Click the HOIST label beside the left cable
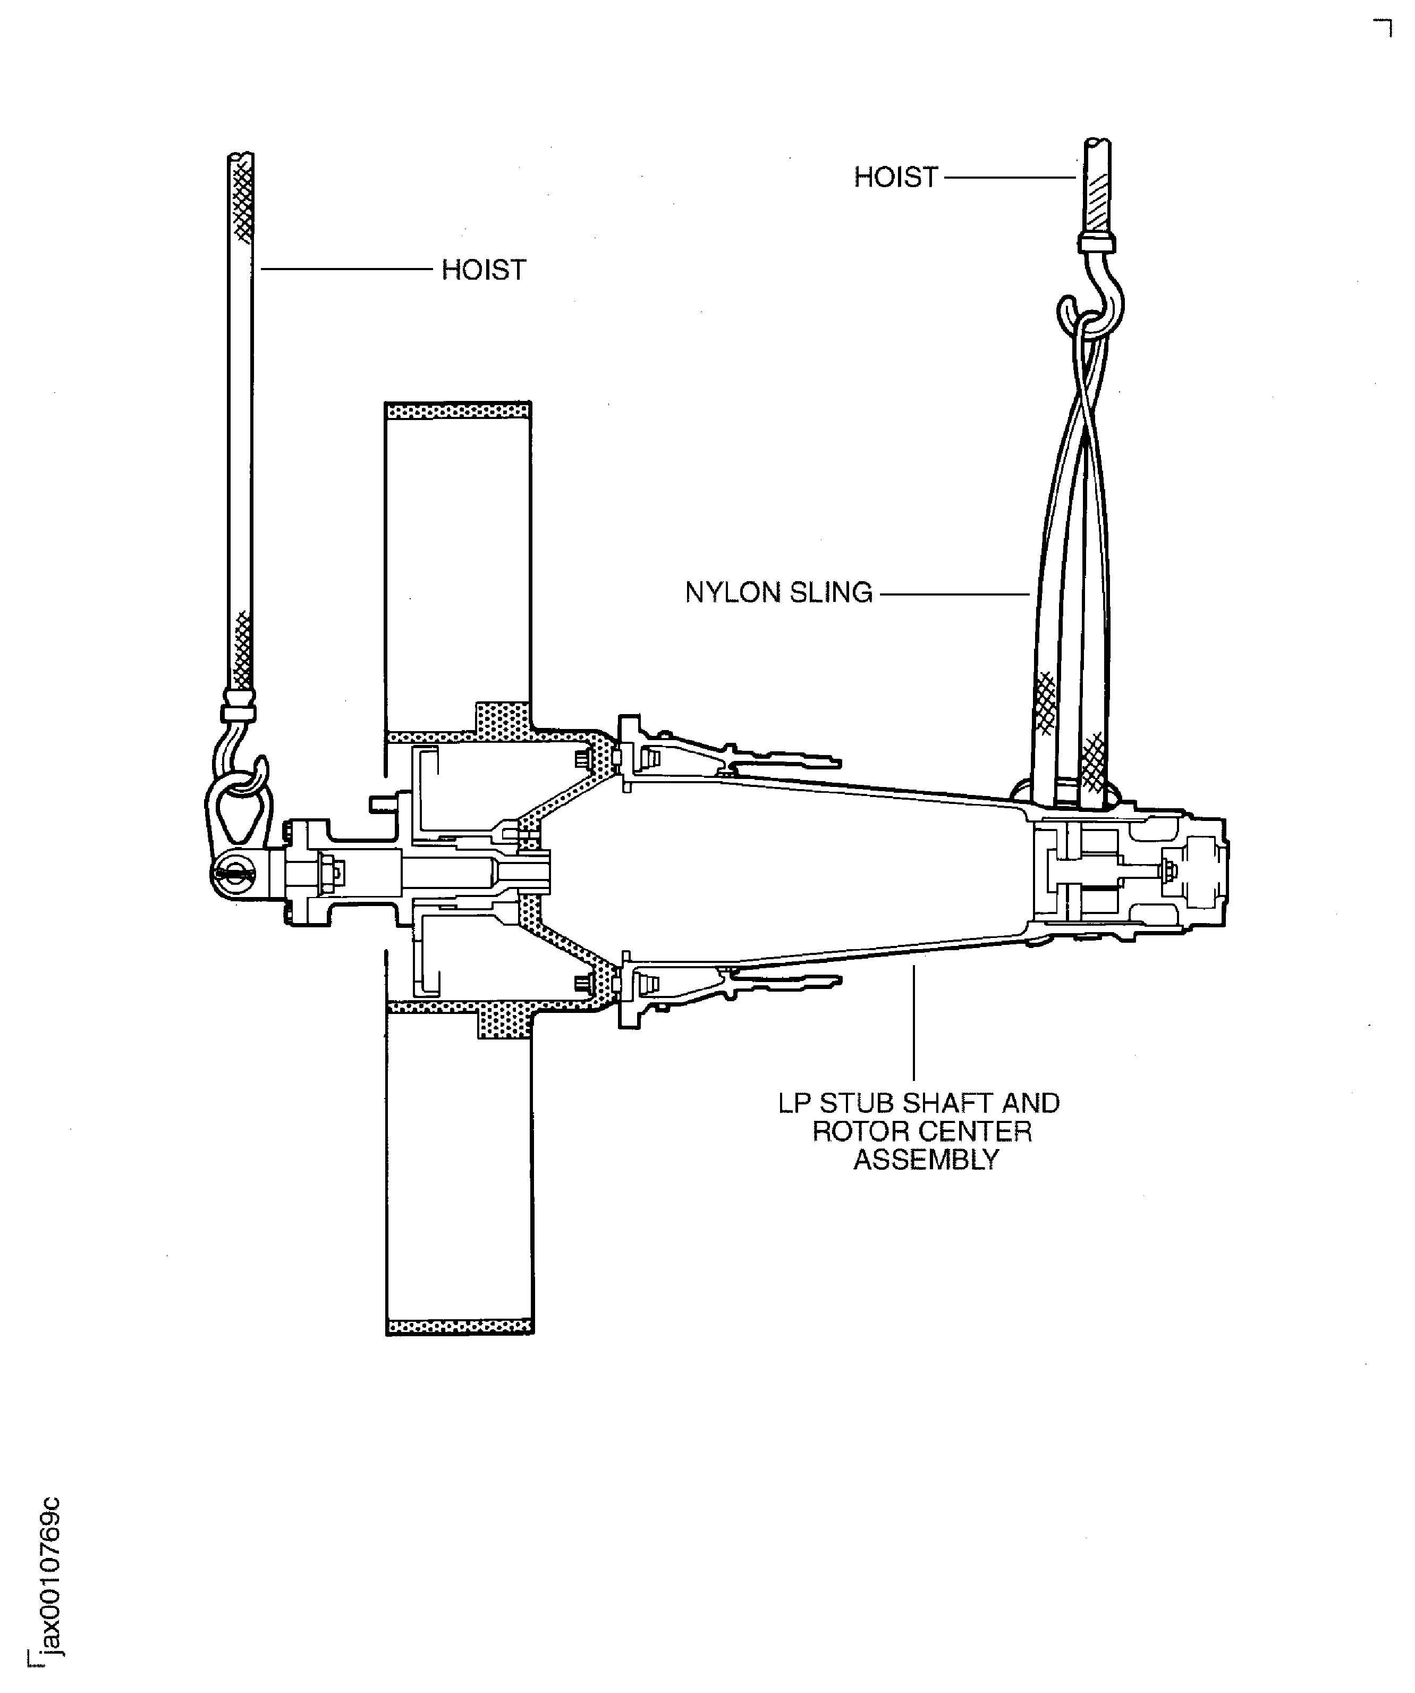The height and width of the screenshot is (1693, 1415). (x=484, y=270)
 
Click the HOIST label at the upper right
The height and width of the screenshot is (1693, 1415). (x=895, y=178)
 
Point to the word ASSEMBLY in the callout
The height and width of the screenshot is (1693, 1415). (x=926, y=1160)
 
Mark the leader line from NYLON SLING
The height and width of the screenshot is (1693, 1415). (x=955, y=594)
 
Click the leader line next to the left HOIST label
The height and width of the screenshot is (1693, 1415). (x=346, y=269)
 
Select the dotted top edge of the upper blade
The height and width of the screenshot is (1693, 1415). (x=457, y=411)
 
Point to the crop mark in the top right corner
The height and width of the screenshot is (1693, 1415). (x=1383, y=28)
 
